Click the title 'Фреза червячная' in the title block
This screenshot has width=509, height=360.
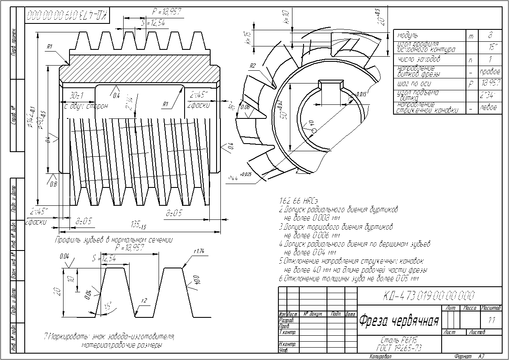coord(399,320)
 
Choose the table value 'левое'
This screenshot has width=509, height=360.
coord(489,108)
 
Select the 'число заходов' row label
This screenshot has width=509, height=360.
coord(413,59)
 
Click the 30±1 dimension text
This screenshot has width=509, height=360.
coord(78,95)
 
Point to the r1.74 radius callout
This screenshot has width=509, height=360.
coord(200,251)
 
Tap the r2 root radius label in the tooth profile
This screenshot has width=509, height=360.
coord(145,301)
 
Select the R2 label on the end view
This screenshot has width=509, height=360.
coord(252,66)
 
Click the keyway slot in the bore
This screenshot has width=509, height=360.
coord(332,88)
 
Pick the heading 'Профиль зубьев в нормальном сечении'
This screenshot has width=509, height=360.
coord(114,240)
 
